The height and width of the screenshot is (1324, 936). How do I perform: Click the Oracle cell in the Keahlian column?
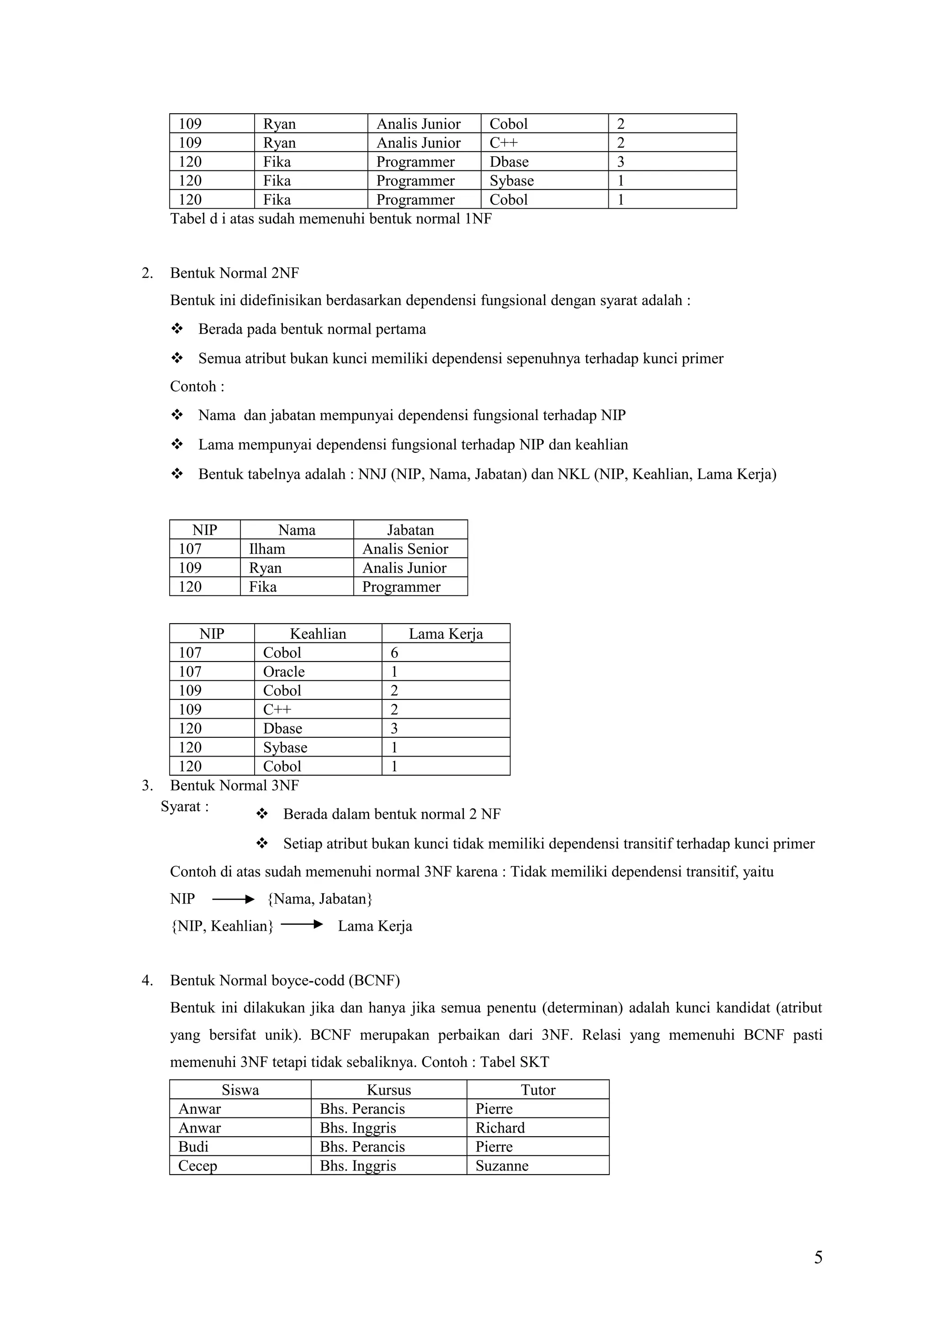284,671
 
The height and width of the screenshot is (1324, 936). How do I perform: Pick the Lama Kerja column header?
445,634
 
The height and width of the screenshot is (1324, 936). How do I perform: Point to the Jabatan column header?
410,530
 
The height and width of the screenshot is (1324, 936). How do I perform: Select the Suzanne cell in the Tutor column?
502,1165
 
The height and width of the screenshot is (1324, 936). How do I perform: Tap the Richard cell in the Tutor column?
500,1128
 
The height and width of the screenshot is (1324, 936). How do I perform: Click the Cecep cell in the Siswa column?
198,1165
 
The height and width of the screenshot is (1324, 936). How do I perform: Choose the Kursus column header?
388,1090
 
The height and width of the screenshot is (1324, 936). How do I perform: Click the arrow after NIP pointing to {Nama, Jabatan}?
233,899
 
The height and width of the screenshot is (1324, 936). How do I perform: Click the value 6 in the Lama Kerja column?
394,653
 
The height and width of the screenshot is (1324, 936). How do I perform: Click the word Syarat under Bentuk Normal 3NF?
181,806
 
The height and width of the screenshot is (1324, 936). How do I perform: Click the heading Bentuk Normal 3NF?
234,785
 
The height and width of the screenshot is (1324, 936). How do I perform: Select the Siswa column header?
240,1090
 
